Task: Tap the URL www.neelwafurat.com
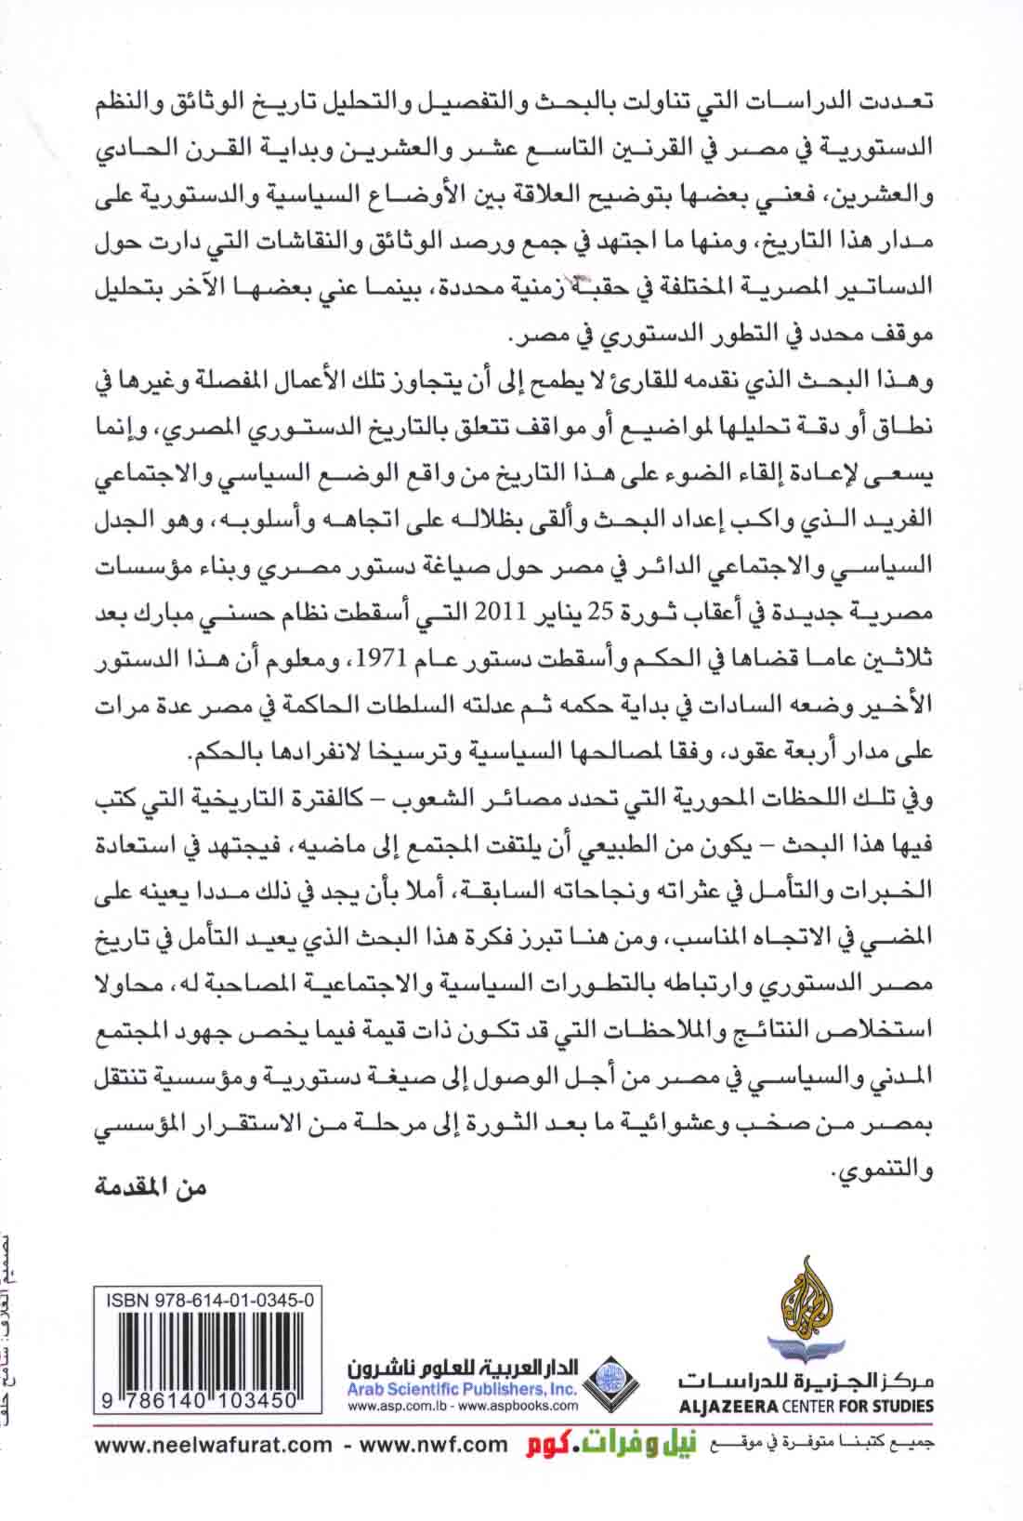point(213,1470)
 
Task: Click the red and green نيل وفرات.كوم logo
point(605,1470)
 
